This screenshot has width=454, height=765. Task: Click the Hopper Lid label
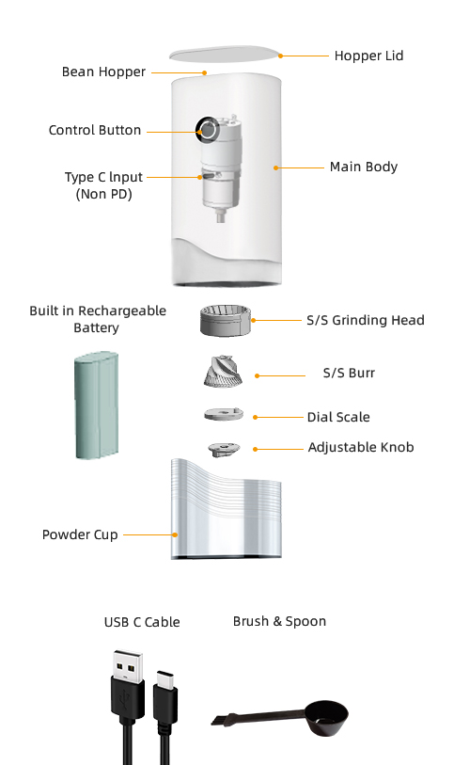[x=368, y=56]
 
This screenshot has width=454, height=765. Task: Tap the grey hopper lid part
[x=225, y=54]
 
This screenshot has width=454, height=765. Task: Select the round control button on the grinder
[x=208, y=130]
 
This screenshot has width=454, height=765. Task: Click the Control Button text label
[x=95, y=130]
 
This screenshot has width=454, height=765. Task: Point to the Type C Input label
[x=103, y=185]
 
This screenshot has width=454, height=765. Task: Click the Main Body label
[x=364, y=167]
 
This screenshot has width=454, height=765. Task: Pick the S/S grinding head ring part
[x=225, y=321]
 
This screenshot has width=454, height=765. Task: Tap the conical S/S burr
[x=223, y=372]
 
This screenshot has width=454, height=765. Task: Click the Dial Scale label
[x=338, y=417]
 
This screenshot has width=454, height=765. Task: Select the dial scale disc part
[x=224, y=414]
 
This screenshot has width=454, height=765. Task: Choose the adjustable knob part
[x=224, y=449]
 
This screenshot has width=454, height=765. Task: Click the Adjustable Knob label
[x=361, y=447]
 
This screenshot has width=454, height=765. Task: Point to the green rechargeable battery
[x=97, y=405]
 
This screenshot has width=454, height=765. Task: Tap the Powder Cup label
[x=80, y=534]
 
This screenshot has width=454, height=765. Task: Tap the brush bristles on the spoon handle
[x=223, y=718]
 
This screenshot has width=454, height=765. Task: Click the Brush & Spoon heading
[x=279, y=622]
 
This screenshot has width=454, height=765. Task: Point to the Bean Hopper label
[x=103, y=72]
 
